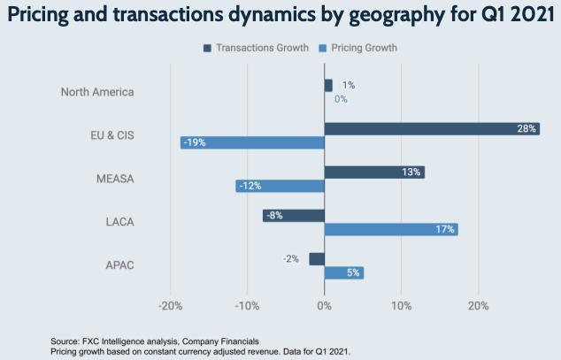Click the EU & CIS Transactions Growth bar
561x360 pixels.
click(432, 128)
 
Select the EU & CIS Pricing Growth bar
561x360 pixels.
click(252, 142)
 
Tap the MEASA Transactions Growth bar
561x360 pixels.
click(374, 172)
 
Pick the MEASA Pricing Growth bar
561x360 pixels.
click(280, 186)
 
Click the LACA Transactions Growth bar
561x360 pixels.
click(294, 215)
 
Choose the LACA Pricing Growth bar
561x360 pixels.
click(391, 229)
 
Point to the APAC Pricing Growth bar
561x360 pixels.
click(344, 272)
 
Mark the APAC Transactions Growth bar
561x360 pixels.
click(317, 258)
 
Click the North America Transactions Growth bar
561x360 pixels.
click(328, 85)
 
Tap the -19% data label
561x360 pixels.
click(194, 142)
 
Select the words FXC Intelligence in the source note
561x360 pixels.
click(115, 340)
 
